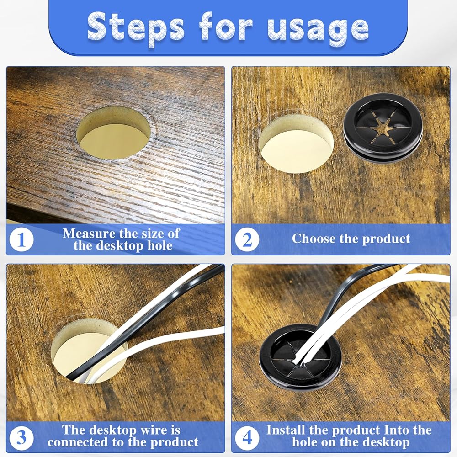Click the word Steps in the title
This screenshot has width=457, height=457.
point(136,28)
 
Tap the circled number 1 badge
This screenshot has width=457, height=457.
point(21,239)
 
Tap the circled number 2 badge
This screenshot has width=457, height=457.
point(247,239)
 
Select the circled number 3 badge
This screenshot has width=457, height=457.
point(21,437)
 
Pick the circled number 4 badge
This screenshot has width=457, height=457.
point(247,437)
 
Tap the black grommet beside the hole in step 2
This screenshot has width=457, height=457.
point(383,127)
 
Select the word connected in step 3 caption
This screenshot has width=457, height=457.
point(77,442)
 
